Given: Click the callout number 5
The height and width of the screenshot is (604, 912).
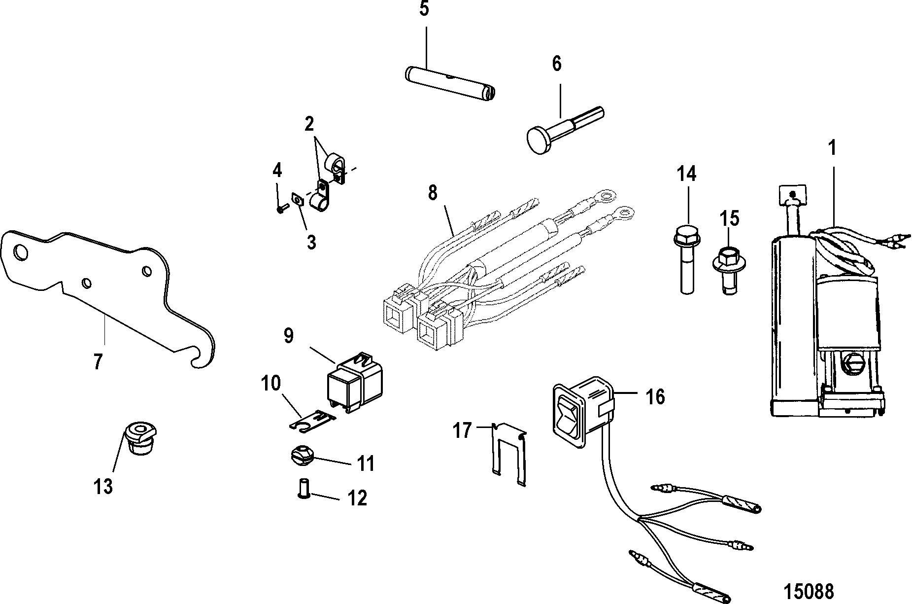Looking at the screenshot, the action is point(424,9).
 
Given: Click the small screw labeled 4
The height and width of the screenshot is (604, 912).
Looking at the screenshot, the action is point(281,209).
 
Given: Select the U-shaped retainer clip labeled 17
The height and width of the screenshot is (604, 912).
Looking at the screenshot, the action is point(509,452).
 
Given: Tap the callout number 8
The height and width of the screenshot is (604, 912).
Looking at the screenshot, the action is point(433,193).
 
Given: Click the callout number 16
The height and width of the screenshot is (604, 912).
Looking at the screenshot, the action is point(655,397).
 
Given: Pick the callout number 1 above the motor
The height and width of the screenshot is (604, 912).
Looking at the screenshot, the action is point(832,148).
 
